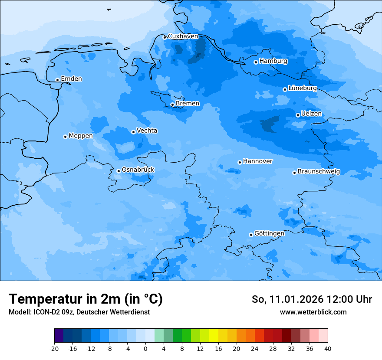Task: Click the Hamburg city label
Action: (273, 61)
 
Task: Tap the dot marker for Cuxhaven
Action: (165, 37)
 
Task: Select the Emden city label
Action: (71, 79)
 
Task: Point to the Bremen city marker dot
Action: (172, 105)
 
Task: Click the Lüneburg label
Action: (302, 88)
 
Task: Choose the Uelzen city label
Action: (311, 114)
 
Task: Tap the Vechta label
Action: (147, 131)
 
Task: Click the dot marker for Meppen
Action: (65, 137)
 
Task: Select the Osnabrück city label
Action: (138, 170)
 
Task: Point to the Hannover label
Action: (257, 161)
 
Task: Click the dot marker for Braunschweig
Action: (294, 173)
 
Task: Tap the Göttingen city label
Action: (269, 233)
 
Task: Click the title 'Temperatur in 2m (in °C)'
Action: (86, 299)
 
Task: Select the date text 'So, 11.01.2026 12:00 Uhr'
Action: (312, 299)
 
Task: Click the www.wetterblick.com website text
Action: (313, 312)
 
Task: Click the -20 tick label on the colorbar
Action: (54, 349)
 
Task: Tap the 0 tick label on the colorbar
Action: (145, 349)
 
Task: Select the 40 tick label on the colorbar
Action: (328, 349)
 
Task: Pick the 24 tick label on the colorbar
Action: (255, 349)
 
